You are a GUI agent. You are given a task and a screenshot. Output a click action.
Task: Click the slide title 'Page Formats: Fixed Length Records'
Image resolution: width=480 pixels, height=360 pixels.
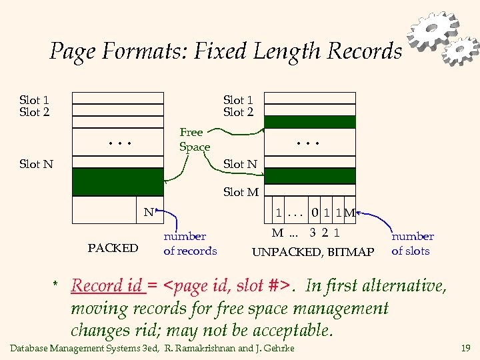pyautogui.click(x=225, y=51)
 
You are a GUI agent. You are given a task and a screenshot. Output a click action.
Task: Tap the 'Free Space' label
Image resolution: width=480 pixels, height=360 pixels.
pyautogui.click(x=194, y=139)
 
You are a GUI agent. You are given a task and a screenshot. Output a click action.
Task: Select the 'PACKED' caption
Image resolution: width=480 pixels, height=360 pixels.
pyautogui.click(x=113, y=248)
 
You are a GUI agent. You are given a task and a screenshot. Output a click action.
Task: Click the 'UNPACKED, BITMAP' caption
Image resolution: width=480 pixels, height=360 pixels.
pyautogui.click(x=313, y=252)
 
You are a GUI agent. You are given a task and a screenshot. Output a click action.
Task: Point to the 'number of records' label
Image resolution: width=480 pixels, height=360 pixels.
pyautogui.click(x=190, y=243)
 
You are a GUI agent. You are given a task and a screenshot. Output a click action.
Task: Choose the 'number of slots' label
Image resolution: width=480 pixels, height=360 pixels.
pyautogui.click(x=412, y=243)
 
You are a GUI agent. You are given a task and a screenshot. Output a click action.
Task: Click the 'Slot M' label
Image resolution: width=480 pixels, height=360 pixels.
pyautogui.click(x=241, y=192)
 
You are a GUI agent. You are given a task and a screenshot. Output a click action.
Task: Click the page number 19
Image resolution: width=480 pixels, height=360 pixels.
pyautogui.click(x=465, y=348)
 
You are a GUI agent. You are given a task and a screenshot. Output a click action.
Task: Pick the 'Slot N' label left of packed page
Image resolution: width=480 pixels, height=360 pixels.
pyautogui.click(x=36, y=163)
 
